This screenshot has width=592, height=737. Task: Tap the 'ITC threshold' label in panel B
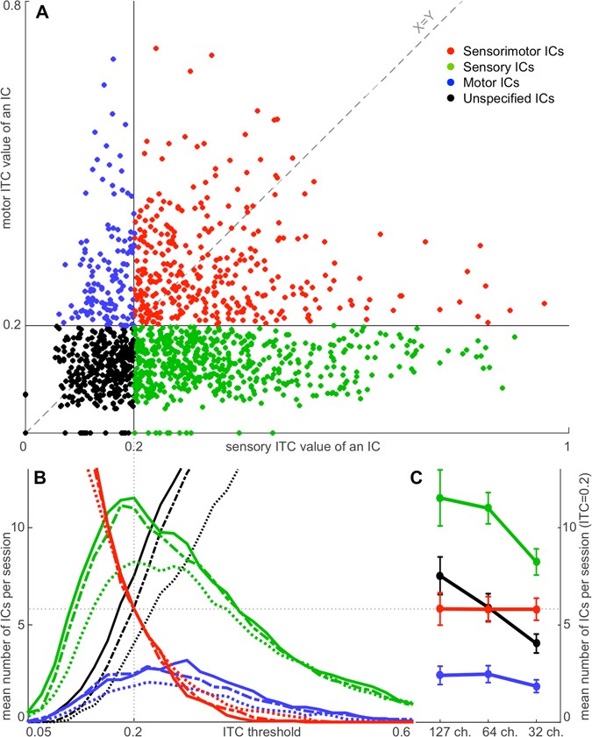tap(263, 729)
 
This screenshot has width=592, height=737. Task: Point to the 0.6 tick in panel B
tap(402, 729)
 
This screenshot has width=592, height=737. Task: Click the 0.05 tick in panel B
tap(37, 729)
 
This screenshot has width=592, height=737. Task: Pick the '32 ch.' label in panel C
tap(536, 729)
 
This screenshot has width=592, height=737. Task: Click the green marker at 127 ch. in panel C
tap(439, 498)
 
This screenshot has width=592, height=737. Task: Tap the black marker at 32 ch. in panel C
tap(536, 643)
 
